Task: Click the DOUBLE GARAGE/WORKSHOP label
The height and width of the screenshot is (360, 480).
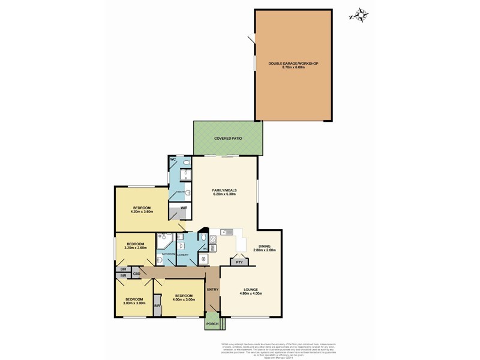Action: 293,63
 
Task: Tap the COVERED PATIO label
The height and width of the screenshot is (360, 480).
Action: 227,139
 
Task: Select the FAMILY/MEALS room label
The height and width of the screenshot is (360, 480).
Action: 225,190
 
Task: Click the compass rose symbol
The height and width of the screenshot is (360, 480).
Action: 359,14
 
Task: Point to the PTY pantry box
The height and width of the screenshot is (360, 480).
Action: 239,262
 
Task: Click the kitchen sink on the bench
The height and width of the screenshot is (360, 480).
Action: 227,232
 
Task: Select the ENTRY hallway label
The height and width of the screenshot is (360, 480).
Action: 212,290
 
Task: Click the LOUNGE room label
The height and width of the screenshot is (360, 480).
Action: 251,289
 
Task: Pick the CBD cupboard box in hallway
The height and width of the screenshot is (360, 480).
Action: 137,274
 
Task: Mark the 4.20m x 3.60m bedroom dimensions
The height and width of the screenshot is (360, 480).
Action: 142,212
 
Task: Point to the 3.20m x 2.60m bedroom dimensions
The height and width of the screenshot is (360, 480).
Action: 136,248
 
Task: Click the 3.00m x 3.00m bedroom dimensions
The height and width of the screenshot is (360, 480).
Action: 134,304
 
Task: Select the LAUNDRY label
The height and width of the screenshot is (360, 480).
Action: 183,256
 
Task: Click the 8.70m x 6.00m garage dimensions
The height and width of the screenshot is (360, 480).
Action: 293,68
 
